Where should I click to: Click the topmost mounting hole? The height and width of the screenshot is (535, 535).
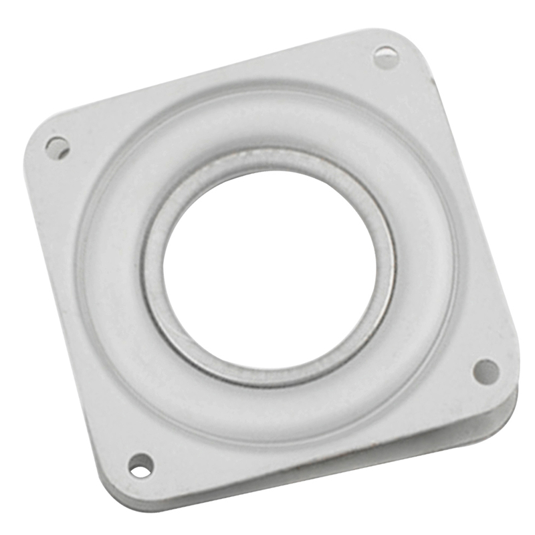coord(386,57)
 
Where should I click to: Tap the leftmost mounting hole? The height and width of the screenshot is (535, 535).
coord(58,147)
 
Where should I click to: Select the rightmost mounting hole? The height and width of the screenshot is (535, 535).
coord(486,372)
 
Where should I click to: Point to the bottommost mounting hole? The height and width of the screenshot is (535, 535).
coord(140,465)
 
